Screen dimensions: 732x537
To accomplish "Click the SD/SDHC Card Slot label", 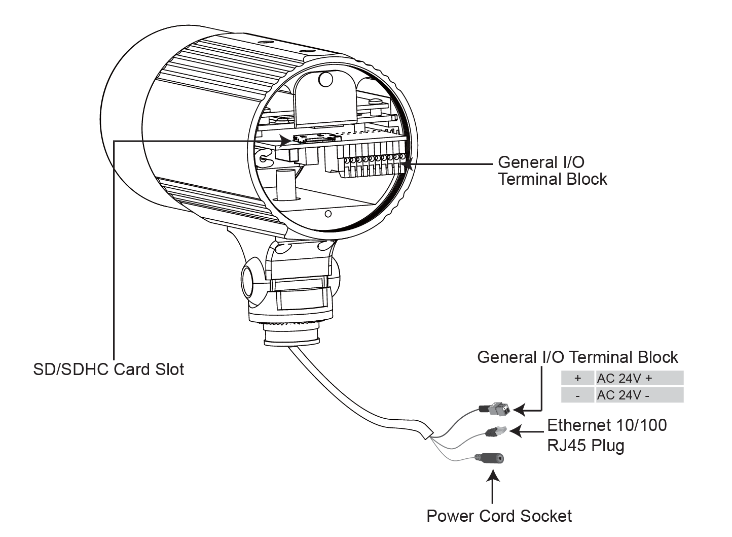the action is tap(108, 370).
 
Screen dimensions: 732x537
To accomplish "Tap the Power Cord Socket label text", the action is tap(499, 516).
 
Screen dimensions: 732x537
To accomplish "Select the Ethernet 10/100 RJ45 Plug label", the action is tap(607, 435).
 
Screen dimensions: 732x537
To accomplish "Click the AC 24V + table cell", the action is tap(640, 378).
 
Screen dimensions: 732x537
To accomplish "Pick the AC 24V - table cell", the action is tap(640, 395).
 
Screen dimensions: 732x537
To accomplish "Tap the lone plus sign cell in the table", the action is tap(577, 378).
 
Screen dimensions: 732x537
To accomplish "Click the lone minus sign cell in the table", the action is tap(577, 395).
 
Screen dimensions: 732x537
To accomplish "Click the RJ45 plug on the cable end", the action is tap(496, 431).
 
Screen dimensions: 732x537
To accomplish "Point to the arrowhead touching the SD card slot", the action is tap(285, 141).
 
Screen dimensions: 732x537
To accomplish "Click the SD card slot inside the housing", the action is tap(316, 139).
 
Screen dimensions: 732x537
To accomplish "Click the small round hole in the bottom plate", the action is tap(328, 214).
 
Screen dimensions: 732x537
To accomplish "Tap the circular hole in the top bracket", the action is tap(325, 79).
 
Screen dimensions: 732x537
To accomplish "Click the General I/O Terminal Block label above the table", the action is tap(577, 357).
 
